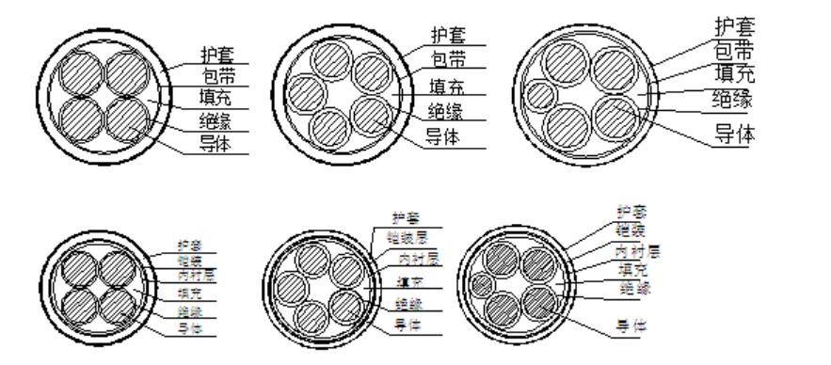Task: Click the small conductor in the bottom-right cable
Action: (483, 284)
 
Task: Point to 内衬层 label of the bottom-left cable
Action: (196, 277)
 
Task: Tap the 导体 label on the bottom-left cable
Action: (190, 328)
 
